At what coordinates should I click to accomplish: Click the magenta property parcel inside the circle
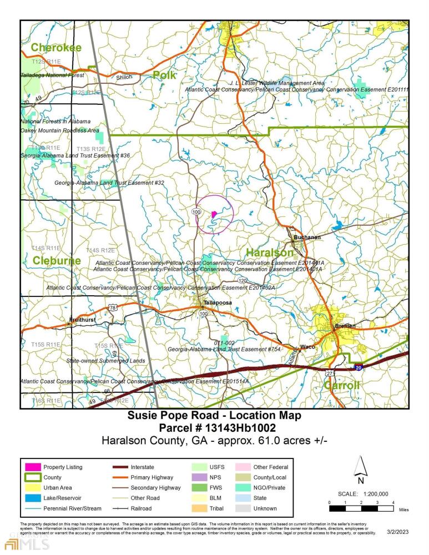tap(214, 214)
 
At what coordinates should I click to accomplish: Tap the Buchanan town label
tap(307, 238)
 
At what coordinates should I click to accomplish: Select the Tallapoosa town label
tap(217, 303)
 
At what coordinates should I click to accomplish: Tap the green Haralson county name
tap(269, 253)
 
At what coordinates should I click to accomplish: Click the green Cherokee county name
tap(56, 48)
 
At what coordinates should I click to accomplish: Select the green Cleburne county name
tap(56, 260)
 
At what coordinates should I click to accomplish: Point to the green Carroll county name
tap(342, 385)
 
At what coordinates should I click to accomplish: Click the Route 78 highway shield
tap(113, 307)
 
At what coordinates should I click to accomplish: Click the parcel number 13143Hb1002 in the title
tap(239, 428)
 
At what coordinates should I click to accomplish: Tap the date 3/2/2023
tap(396, 533)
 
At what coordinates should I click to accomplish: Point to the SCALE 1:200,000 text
tap(362, 494)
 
